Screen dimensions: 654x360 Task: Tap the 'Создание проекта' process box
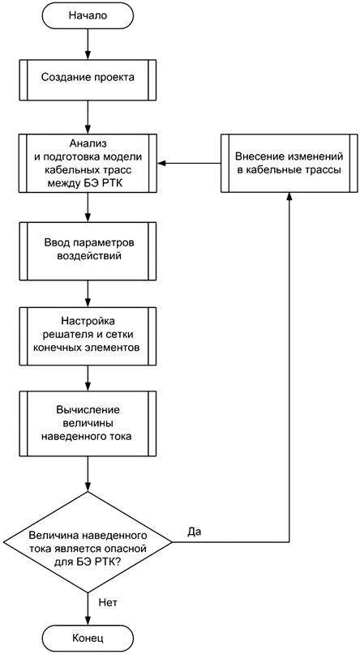(x=88, y=78)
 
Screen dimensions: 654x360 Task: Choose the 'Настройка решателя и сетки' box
(x=88, y=334)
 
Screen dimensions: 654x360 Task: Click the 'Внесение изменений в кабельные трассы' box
(x=289, y=163)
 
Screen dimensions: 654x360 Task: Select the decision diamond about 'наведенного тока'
(x=88, y=542)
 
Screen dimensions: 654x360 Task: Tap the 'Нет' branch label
(x=107, y=602)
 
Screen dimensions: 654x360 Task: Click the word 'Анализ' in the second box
(x=88, y=143)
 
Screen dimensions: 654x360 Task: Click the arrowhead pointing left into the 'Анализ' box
(x=162, y=163)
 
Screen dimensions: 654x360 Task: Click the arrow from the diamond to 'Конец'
(x=88, y=608)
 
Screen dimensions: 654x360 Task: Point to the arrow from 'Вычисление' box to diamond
(x=88, y=474)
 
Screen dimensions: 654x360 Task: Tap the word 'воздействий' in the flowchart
(x=88, y=257)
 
